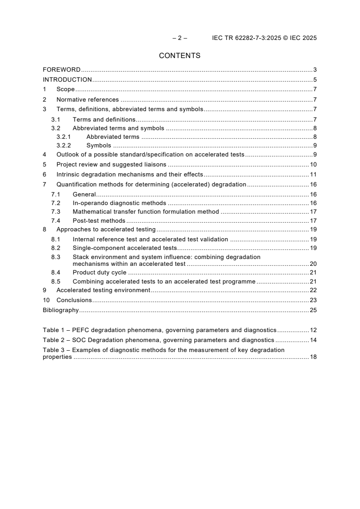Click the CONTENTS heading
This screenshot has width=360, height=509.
tap(179, 56)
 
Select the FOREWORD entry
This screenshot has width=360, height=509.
tap(62, 70)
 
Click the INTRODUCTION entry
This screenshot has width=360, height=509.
tap(67, 80)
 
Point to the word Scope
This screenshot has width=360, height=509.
tap(65, 90)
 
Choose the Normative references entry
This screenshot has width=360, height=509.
tap(88, 99)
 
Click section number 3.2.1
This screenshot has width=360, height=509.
tap(64, 137)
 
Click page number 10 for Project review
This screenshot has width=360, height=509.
tap(313, 164)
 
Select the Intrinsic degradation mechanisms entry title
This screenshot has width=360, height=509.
tap(129, 175)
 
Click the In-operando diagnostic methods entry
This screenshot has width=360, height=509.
tap(119, 203)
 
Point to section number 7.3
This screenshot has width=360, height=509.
tap(55, 211)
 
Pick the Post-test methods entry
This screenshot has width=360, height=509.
tap(99, 220)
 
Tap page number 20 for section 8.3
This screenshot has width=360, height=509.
tap(313, 264)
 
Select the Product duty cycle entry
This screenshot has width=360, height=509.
tap(99, 272)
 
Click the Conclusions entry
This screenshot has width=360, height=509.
tap(74, 300)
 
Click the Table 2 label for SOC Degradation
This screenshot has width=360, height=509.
tap(53, 340)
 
